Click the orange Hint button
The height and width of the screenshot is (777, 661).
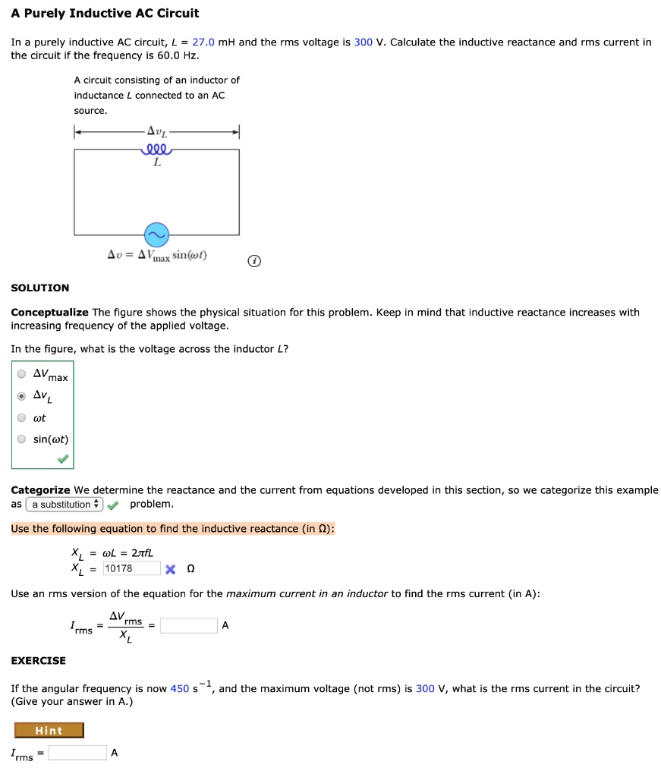(49, 731)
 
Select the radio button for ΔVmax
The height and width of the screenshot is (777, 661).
(22, 373)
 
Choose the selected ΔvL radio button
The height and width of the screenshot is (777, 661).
(22, 395)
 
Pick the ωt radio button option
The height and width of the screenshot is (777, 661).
(22, 417)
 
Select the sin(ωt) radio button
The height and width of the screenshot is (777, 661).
(22, 439)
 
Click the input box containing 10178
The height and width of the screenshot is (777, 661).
(131, 568)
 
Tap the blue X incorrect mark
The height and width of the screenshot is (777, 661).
(170, 569)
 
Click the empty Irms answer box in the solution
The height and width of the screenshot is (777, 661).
(188, 626)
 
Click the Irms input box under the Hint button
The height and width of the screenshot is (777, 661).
(77, 753)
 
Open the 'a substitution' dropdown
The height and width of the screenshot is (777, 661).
(64, 505)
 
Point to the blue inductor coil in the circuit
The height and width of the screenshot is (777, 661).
(156, 149)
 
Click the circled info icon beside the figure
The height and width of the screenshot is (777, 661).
(255, 262)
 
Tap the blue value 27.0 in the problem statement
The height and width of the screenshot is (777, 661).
(204, 42)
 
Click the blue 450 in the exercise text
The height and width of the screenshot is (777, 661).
(180, 689)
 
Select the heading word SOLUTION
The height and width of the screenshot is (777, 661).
(39, 288)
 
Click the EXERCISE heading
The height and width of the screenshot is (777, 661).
(38, 660)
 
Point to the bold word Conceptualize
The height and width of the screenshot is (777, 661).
(49, 313)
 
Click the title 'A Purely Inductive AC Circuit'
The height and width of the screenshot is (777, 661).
(105, 13)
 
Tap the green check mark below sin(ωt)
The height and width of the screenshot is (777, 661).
(62, 459)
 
